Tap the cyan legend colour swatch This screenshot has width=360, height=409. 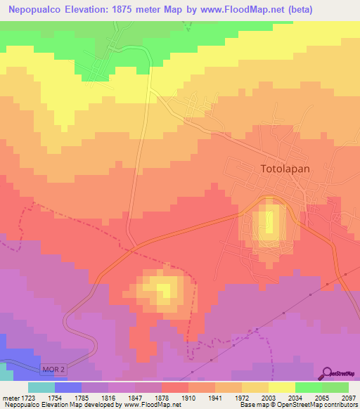(x=41, y=387)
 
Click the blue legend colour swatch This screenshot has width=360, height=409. (x=68, y=387)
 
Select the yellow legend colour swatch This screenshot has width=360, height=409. (x=282, y=387)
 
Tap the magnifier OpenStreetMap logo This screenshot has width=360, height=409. (x=326, y=373)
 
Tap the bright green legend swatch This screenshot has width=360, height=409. (x=309, y=387)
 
